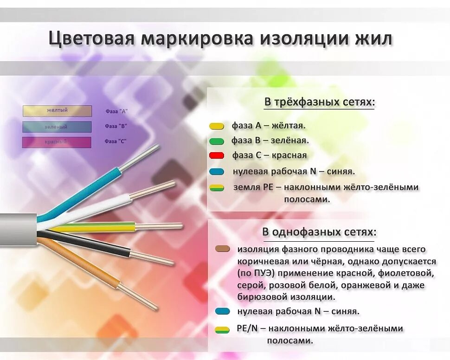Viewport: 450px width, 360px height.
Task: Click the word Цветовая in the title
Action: pyautogui.click(x=91, y=39)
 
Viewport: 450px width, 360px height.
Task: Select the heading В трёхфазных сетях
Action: pyautogui.click(x=319, y=102)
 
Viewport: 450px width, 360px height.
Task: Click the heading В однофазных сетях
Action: pyautogui.click(x=319, y=231)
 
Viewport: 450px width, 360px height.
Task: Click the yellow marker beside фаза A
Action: pyautogui.click(x=217, y=126)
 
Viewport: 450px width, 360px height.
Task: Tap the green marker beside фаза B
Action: pyautogui.click(x=217, y=141)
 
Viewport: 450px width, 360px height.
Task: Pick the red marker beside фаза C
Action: pyautogui.click(x=217, y=156)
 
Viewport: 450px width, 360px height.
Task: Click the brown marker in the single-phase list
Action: pyautogui.click(x=223, y=249)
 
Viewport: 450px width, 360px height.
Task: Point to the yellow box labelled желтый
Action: pyautogui.click(x=57, y=111)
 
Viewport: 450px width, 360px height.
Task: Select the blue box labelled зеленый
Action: pyautogui.click(x=57, y=127)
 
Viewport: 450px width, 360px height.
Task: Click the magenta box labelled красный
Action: pyautogui.click(x=57, y=142)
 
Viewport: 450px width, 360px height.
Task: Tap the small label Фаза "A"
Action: pyautogui.click(x=116, y=112)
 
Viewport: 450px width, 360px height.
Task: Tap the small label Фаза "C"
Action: pyautogui.click(x=116, y=141)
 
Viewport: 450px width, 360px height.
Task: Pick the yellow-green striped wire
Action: pyautogui.click(x=93, y=228)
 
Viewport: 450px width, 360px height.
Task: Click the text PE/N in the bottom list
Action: pyautogui.click(x=246, y=328)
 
